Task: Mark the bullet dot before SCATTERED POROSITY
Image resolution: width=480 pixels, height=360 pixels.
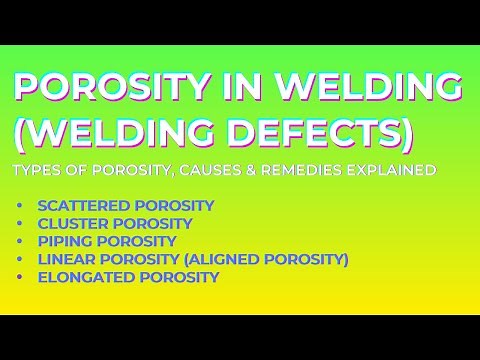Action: [20, 205]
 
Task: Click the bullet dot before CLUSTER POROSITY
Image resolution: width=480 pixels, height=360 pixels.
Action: [20, 223]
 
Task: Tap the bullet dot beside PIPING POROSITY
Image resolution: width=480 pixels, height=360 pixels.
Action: [20, 241]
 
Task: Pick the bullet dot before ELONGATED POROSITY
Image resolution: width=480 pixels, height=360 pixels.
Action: [20, 278]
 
